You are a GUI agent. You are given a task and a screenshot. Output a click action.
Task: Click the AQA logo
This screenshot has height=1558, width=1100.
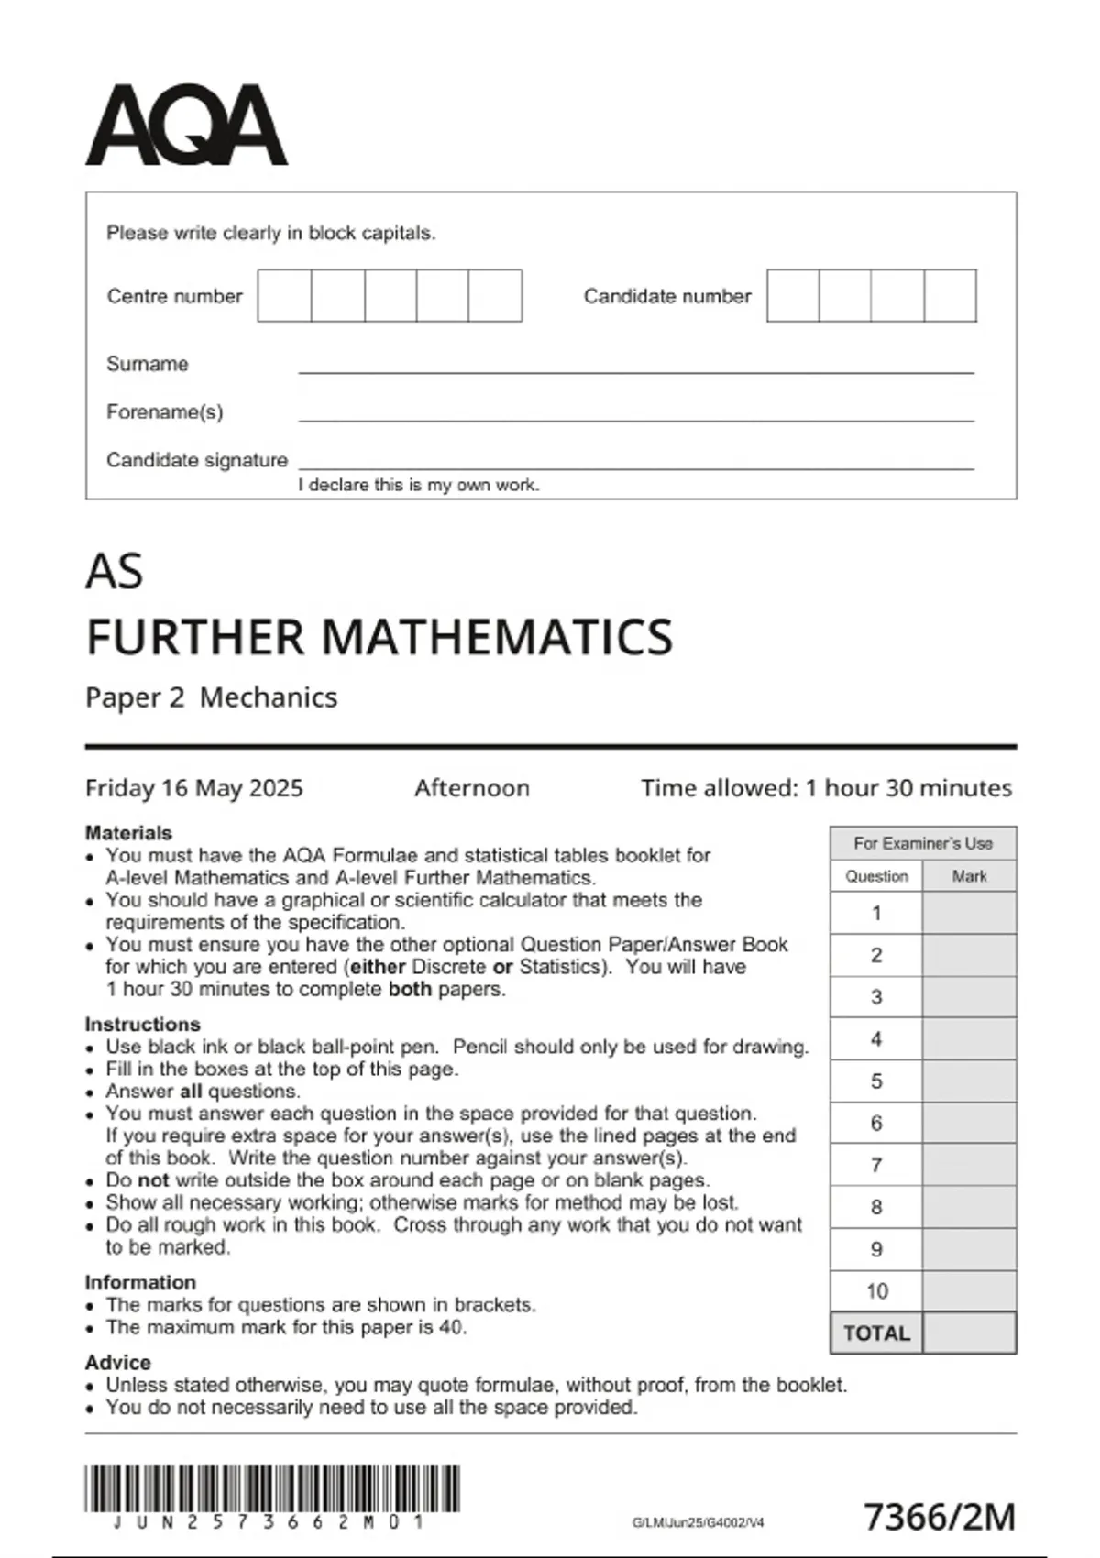pyautogui.click(x=186, y=126)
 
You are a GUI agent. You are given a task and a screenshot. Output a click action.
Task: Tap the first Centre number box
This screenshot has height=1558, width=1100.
pyautogui.click(x=284, y=295)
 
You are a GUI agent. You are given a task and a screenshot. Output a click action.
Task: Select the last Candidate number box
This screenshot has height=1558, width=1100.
pyautogui.click(x=950, y=295)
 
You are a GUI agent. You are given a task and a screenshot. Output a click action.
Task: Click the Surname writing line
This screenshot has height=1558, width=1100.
pyautogui.click(x=635, y=367)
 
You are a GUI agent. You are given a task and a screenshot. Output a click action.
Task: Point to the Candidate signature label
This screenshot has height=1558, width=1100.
pyautogui.click(x=197, y=460)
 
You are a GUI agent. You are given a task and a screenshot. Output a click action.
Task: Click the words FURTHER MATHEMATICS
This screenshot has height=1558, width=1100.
pyautogui.click(x=379, y=637)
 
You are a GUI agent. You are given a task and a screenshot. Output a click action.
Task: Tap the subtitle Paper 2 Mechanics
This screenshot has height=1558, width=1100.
pyautogui.click(x=211, y=697)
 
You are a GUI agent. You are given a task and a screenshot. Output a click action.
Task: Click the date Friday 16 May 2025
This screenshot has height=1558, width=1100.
pyautogui.click(x=193, y=788)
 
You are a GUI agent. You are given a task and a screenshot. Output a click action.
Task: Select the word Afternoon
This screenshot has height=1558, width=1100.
pyautogui.click(x=471, y=788)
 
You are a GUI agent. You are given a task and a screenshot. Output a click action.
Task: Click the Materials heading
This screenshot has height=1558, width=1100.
pyautogui.click(x=128, y=833)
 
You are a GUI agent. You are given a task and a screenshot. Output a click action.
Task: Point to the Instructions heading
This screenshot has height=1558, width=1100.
pyautogui.click(x=142, y=1024)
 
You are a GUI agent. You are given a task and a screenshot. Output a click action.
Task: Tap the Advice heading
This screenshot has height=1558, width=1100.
pyautogui.click(x=117, y=1362)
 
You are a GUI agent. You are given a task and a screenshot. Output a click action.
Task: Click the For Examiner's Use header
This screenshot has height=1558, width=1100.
pyautogui.click(x=922, y=843)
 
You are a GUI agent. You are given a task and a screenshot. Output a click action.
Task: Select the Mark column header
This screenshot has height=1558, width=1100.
pyautogui.click(x=969, y=876)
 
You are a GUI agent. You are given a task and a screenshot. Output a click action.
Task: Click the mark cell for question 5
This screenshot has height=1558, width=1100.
pyautogui.click(x=969, y=1081)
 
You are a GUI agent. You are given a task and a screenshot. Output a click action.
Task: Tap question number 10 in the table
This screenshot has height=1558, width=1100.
pyautogui.click(x=876, y=1291)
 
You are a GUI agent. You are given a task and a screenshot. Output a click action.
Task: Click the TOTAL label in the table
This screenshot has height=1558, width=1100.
pyautogui.click(x=876, y=1333)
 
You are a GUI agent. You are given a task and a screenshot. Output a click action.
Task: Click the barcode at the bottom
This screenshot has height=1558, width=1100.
pyautogui.click(x=272, y=1489)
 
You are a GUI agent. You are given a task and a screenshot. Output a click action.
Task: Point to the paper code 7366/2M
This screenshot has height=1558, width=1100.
pyautogui.click(x=940, y=1517)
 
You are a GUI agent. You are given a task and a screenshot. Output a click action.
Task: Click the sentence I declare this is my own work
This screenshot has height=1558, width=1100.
pyautogui.click(x=419, y=485)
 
